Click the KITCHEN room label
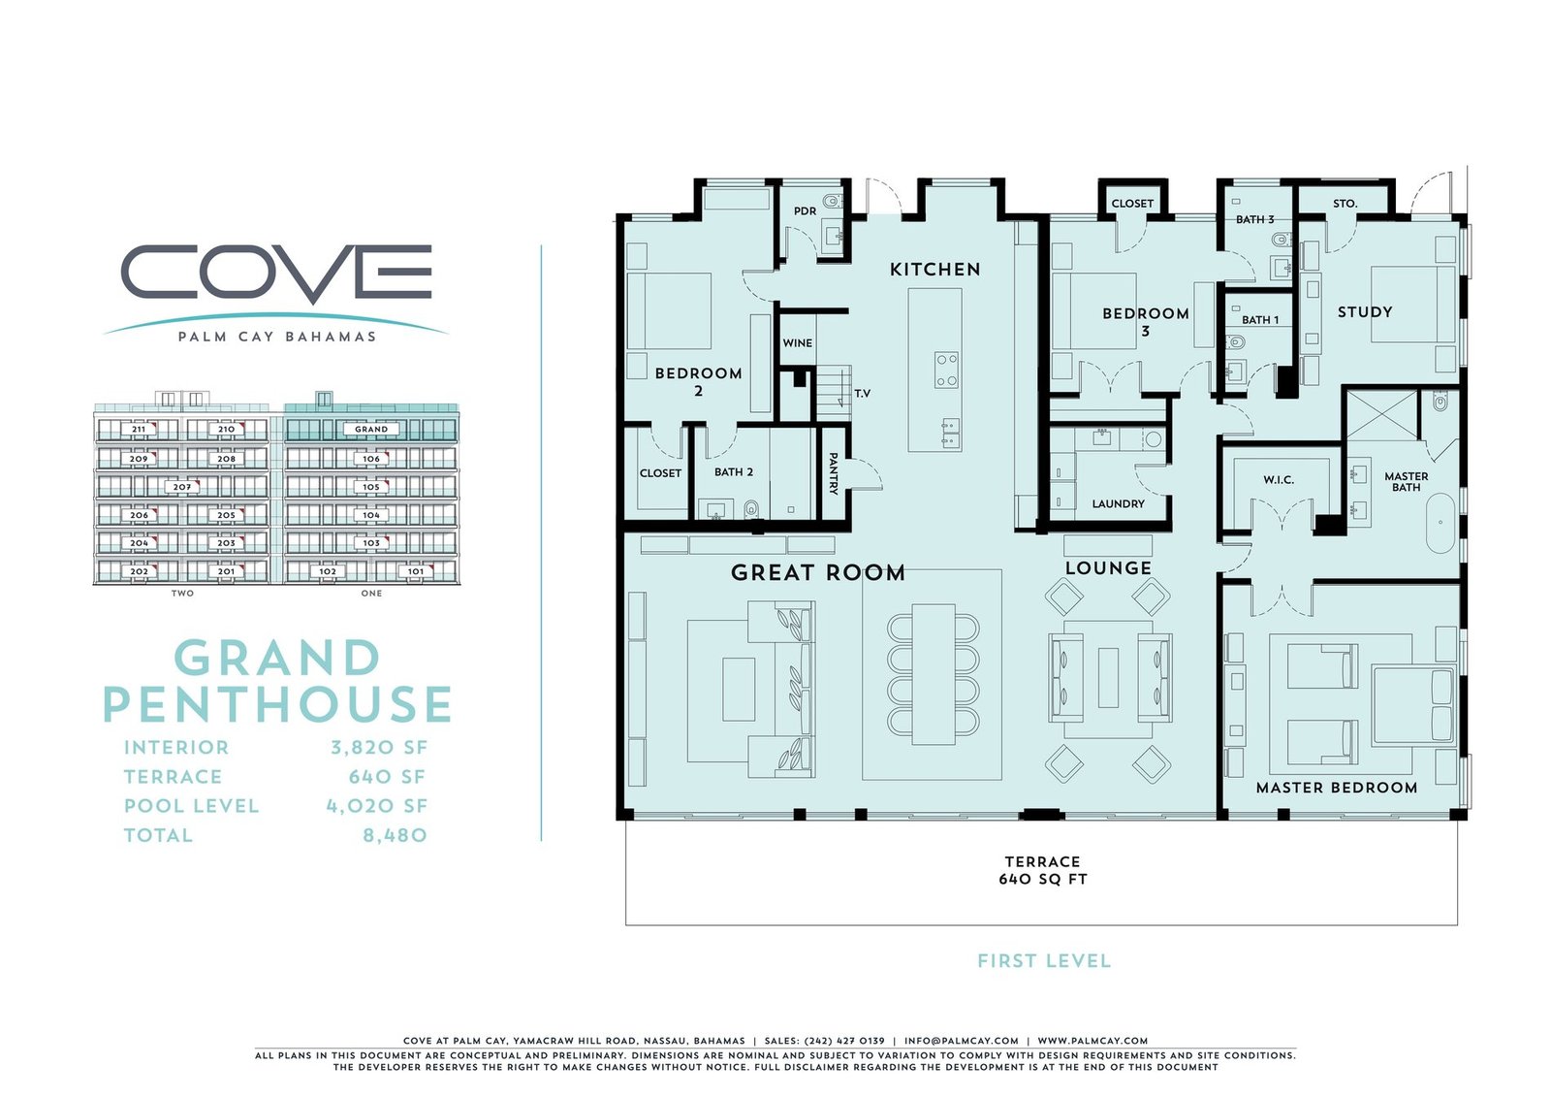[x=934, y=270]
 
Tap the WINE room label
[x=797, y=342]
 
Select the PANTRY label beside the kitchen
[x=833, y=473]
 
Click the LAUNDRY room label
[x=1118, y=503]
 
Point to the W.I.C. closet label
[x=1278, y=480]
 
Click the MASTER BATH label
[x=1406, y=481]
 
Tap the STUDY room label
[x=1364, y=312]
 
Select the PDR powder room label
[x=805, y=210]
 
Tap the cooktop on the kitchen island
[x=946, y=370]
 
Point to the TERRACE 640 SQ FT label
[x=1042, y=870]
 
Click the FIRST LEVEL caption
[x=1043, y=961]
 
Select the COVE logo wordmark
[x=276, y=272]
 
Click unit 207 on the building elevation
[x=181, y=487]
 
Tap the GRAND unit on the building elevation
[x=371, y=429]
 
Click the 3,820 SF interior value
[x=378, y=748]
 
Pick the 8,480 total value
[x=395, y=835]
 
